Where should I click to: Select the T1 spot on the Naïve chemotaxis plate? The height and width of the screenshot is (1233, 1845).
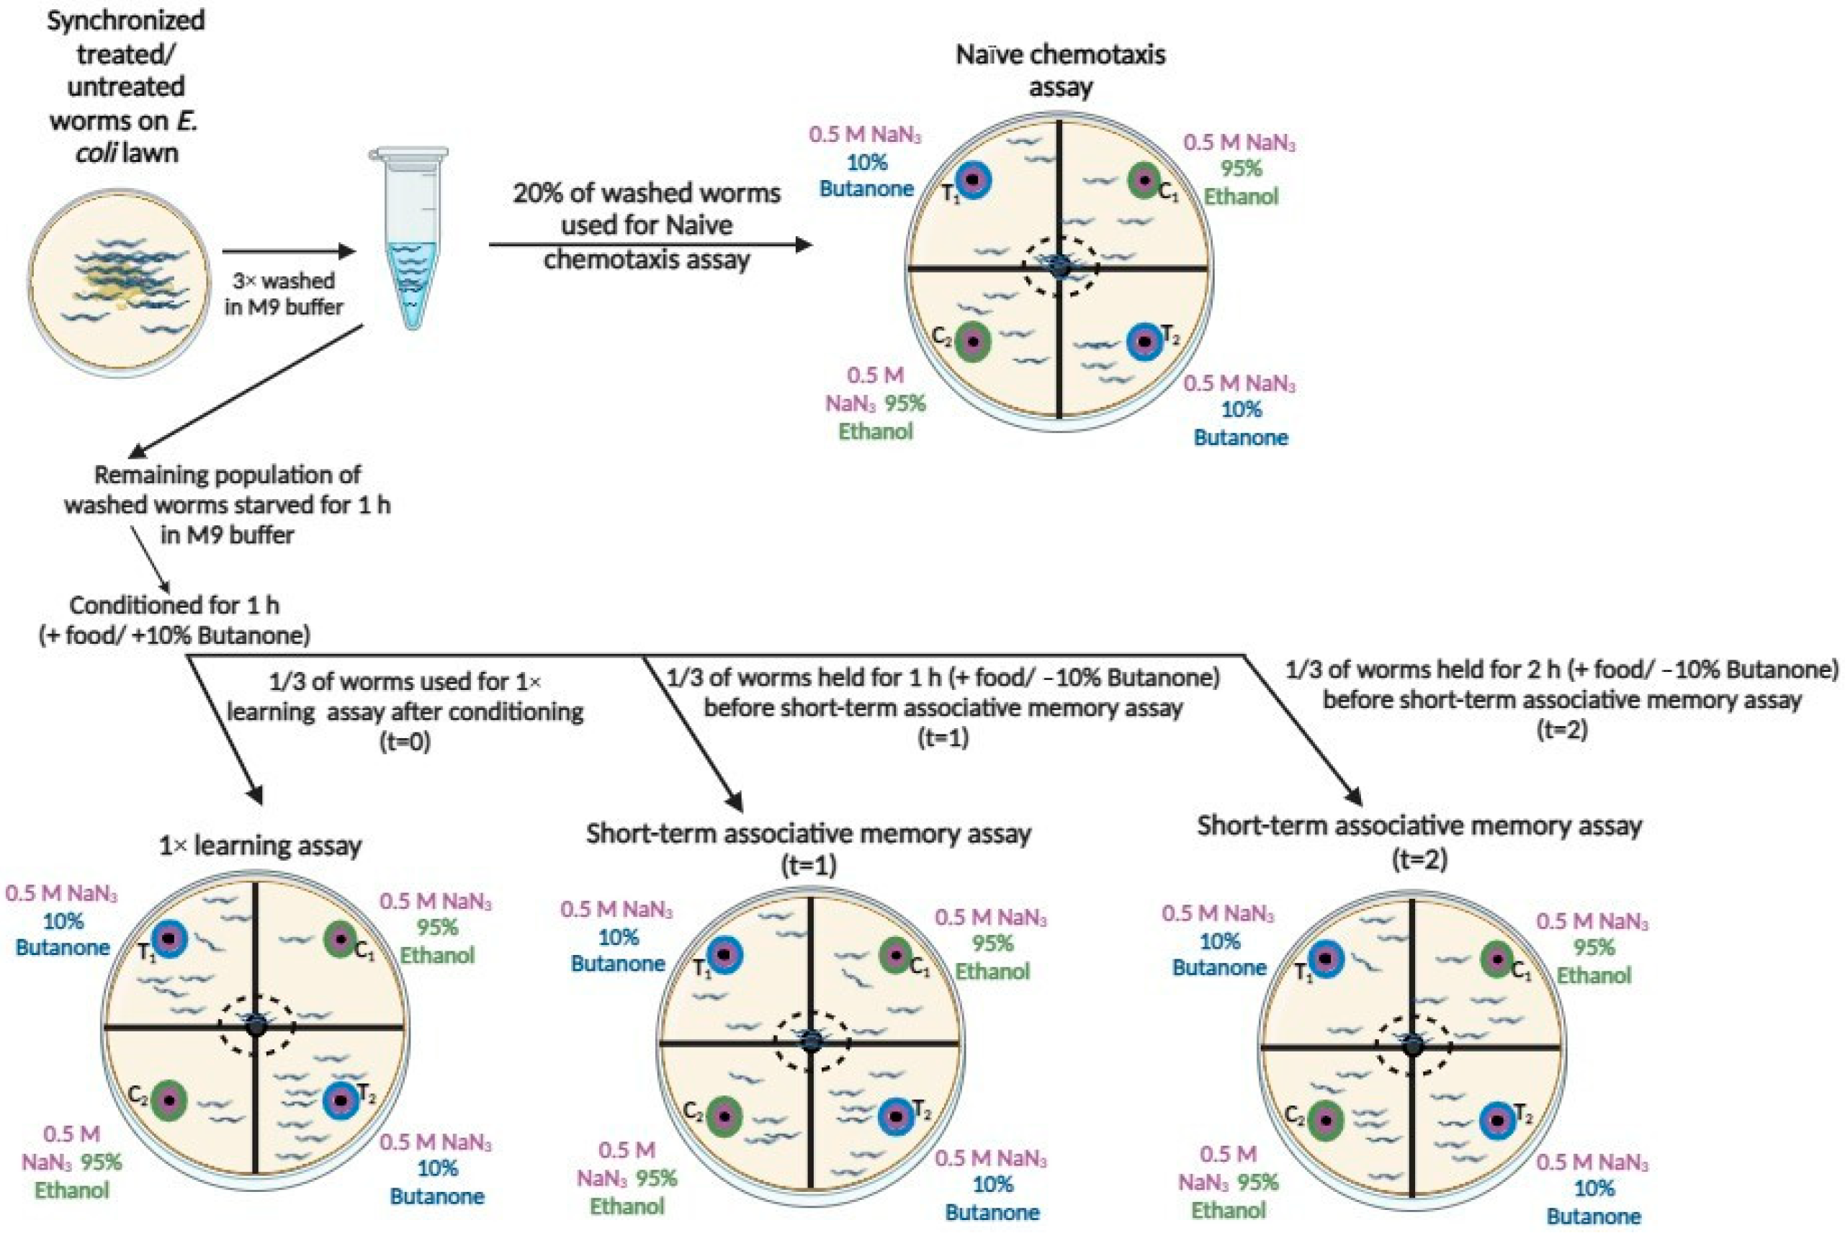[973, 181]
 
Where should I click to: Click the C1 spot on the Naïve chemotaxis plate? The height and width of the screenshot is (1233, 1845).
[1144, 181]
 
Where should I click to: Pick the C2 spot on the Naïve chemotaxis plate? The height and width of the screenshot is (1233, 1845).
[974, 341]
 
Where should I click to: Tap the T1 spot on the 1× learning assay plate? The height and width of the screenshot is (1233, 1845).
[169, 939]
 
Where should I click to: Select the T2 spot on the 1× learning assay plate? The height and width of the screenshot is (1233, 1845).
[341, 1099]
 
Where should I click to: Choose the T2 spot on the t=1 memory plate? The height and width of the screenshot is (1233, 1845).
[896, 1115]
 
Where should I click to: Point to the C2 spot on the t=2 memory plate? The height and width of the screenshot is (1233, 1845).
[1326, 1121]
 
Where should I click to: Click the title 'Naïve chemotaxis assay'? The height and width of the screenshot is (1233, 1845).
[1061, 69]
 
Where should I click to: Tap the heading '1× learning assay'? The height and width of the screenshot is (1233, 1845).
[260, 846]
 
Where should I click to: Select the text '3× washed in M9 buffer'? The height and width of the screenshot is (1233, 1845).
[284, 293]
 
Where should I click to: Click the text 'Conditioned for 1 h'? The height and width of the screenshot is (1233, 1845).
[174, 605]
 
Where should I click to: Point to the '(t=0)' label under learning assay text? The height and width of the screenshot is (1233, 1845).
[405, 742]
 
